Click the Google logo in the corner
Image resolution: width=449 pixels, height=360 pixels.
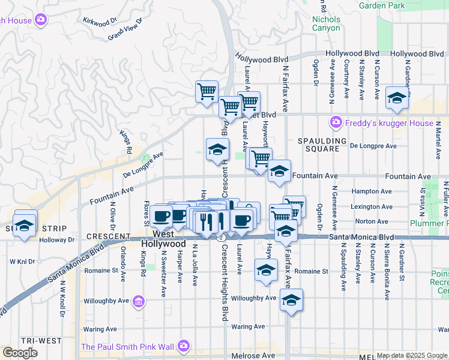20,353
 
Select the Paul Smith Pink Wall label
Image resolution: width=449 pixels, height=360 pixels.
127,346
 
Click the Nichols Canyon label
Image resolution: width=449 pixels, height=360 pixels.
326,23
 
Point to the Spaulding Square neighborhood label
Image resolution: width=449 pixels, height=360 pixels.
322,140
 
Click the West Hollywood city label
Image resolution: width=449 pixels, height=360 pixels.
164,239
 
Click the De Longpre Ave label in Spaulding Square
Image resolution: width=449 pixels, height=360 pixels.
373,146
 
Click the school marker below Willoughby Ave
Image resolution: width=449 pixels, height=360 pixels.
291,300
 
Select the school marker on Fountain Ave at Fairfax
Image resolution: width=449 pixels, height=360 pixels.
279,171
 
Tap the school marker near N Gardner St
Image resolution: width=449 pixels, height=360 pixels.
397,97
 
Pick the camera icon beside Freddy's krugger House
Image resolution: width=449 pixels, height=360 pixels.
336,124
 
